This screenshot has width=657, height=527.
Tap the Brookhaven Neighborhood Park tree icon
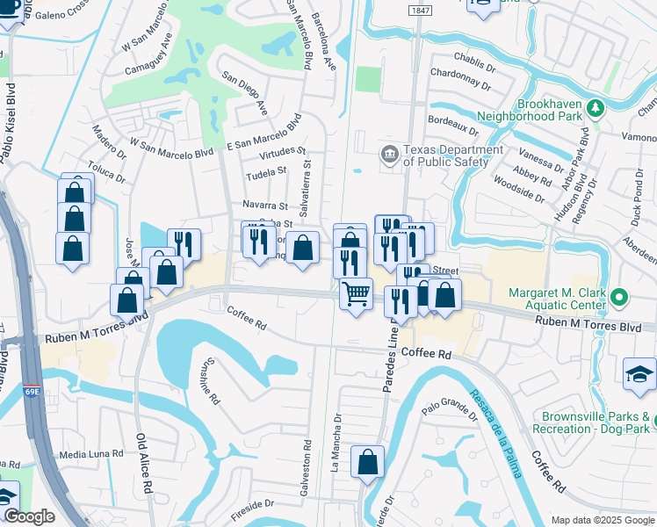596,107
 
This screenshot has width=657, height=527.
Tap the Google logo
29,516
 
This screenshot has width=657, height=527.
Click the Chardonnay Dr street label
462,82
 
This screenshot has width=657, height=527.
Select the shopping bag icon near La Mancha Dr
367,460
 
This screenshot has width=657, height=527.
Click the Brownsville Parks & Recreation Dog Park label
595,422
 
